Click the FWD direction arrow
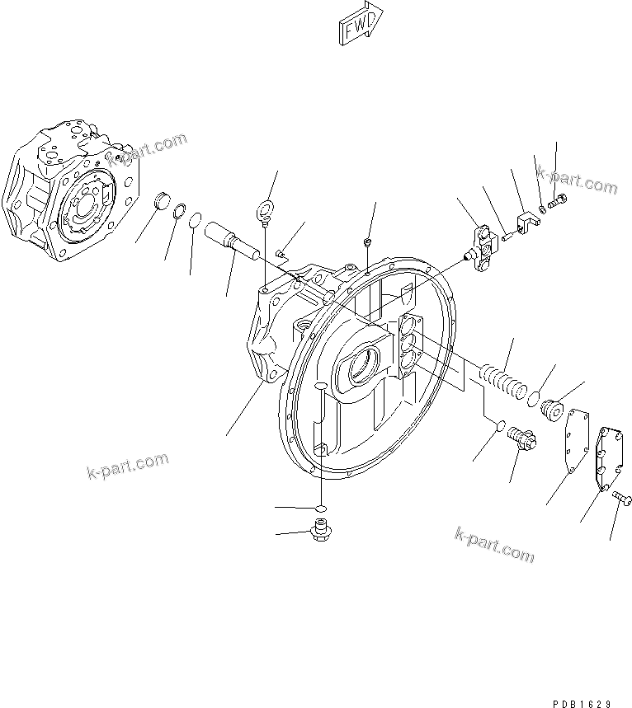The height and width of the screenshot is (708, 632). click(360, 22)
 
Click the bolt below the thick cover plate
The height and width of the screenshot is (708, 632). click(623, 498)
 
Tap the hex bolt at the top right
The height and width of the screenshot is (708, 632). click(559, 199)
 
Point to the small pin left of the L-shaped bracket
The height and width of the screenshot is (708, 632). click(506, 236)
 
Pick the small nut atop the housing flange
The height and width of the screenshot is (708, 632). click(366, 242)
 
